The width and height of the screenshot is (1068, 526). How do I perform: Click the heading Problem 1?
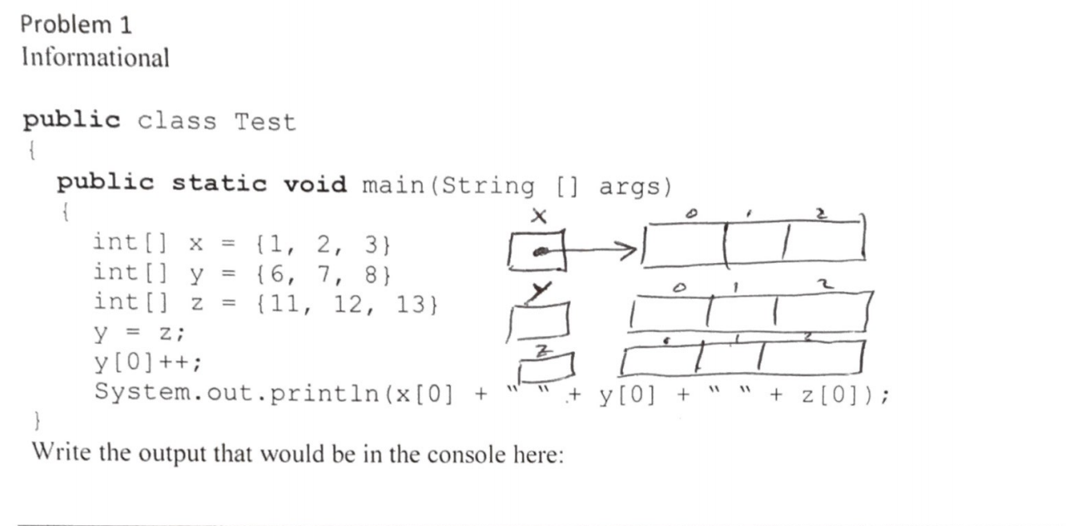pos(76,24)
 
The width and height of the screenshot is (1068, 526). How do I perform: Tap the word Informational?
pos(96,57)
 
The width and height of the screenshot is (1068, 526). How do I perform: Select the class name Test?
pos(265,122)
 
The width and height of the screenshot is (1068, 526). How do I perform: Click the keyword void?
pos(315,184)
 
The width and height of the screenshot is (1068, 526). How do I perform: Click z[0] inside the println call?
pos(833,393)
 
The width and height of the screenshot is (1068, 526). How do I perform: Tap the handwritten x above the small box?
pos(539,216)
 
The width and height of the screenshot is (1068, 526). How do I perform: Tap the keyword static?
pos(219,184)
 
